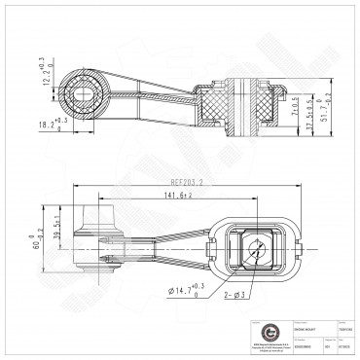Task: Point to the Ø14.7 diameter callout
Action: click(191, 287)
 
